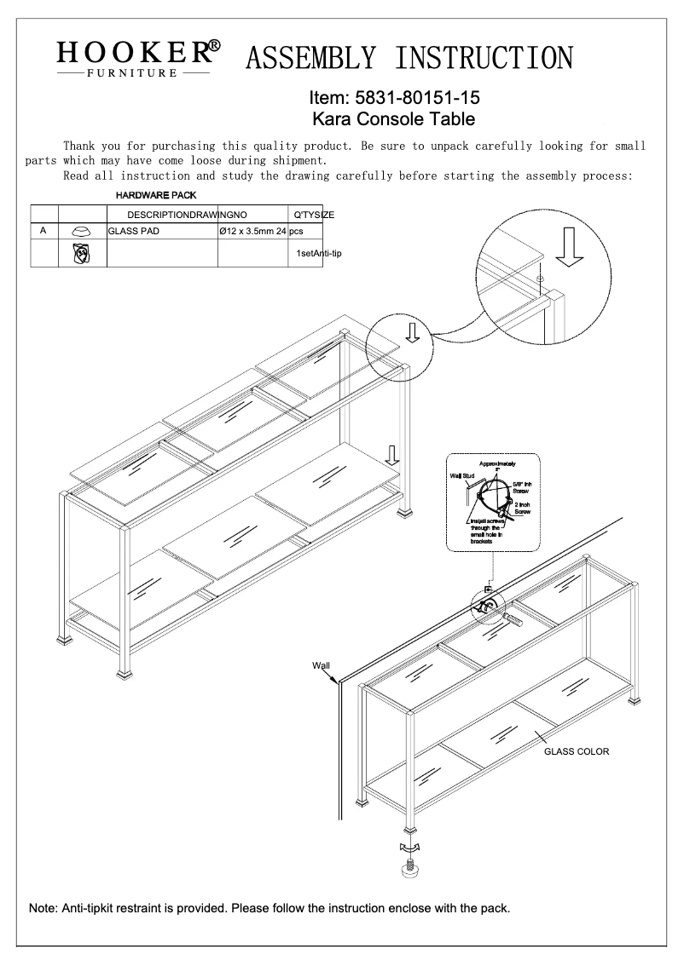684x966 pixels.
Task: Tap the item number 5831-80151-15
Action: pyautogui.click(x=401, y=99)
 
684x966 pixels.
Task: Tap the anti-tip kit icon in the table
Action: pyautogui.click(x=82, y=253)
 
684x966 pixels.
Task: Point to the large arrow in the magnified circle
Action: pyautogui.click(x=571, y=246)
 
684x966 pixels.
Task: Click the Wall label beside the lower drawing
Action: pyautogui.click(x=321, y=666)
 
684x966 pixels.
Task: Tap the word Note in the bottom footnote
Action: pyautogui.click(x=44, y=908)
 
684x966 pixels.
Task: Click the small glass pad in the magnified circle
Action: pyautogui.click(x=542, y=279)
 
